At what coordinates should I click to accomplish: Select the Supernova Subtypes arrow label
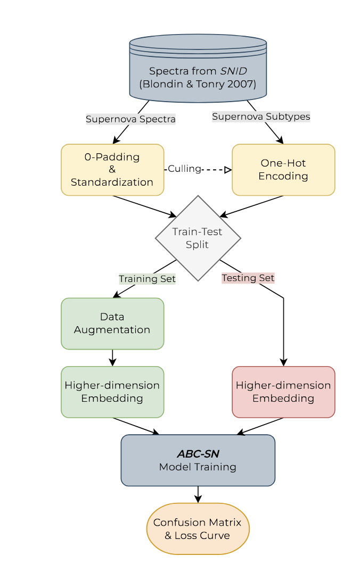261,116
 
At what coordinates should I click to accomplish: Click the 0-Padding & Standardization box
112,170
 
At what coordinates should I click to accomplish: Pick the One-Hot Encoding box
283,170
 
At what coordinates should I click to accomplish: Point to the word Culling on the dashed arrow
184,169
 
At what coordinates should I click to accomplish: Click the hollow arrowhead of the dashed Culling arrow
228,170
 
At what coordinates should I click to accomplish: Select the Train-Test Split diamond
198,238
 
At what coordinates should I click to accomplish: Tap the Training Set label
147,279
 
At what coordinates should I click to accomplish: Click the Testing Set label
248,278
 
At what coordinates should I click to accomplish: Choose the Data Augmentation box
112,324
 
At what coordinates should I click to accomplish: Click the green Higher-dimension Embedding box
112,392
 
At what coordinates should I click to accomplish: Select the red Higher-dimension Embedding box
283,392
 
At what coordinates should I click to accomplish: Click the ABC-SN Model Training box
198,460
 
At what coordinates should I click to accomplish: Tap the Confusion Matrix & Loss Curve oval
198,529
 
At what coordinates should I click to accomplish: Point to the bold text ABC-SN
198,454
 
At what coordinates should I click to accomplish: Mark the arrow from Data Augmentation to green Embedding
112,358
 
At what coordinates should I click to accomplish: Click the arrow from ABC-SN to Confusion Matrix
198,494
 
